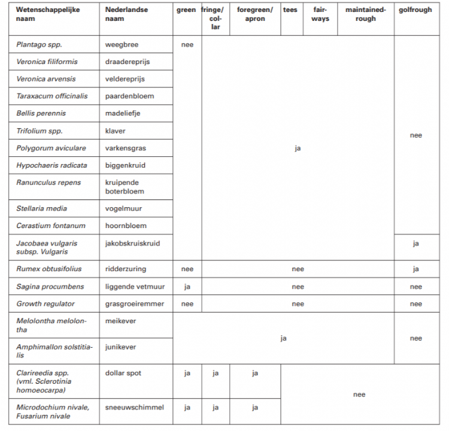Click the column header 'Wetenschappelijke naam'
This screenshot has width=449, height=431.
tap(48, 14)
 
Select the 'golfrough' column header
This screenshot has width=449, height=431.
tap(415, 10)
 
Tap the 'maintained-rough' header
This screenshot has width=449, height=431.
tap(365, 14)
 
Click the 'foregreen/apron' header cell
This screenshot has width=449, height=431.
tap(254, 14)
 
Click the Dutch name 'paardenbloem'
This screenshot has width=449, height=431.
tap(129, 96)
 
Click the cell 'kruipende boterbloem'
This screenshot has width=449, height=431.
tap(125, 187)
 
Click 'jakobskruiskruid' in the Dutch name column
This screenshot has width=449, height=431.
tap(132, 243)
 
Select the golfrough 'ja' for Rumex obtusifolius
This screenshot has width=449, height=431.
tap(415, 269)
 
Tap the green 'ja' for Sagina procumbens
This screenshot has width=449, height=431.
tap(187, 287)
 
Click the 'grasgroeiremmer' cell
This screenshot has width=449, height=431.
tap(134, 304)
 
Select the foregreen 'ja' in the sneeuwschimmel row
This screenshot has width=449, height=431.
tap(254, 408)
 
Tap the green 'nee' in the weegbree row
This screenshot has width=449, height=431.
tap(187, 45)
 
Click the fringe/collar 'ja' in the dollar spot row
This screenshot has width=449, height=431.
tap(216, 374)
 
